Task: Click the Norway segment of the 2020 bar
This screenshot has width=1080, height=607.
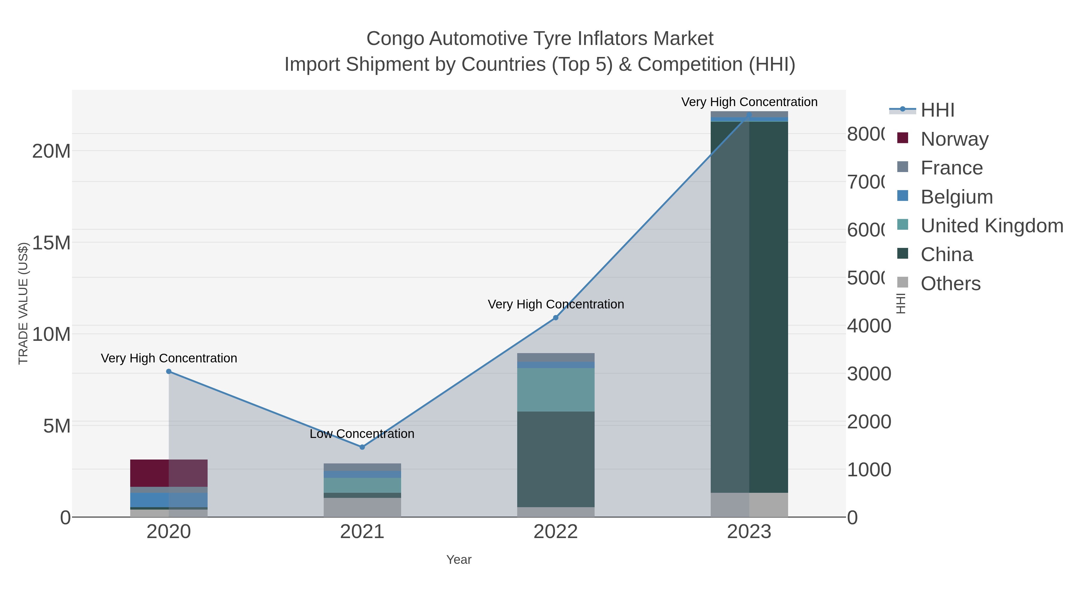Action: (x=169, y=473)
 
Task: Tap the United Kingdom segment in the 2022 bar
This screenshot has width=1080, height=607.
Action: (x=556, y=390)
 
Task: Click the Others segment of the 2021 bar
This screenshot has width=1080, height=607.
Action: (x=362, y=507)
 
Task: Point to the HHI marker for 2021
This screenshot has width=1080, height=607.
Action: (x=362, y=447)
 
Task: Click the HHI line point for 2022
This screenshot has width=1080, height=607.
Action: (x=556, y=317)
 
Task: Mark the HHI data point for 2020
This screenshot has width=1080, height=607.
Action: (x=169, y=371)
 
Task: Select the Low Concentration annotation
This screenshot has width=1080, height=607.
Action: (x=362, y=433)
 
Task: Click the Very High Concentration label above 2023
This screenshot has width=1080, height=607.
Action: (x=749, y=102)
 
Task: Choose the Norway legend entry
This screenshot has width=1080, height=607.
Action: (x=954, y=139)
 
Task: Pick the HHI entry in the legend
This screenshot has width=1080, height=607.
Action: (x=937, y=110)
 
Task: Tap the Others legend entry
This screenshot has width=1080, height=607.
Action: (x=950, y=284)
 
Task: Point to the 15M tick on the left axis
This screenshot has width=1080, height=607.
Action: (x=51, y=243)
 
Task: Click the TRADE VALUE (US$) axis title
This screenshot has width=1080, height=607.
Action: (x=23, y=303)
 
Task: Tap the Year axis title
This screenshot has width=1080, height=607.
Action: (x=459, y=560)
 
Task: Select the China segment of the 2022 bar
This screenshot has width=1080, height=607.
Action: (x=556, y=459)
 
